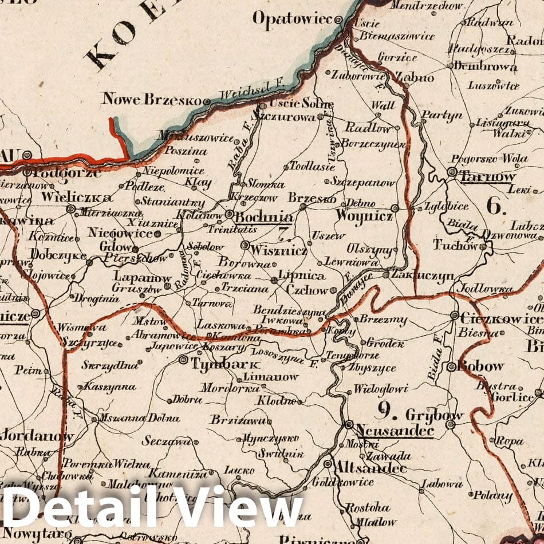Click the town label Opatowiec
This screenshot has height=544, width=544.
[x=292, y=19]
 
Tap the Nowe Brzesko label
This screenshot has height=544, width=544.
[x=152, y=99]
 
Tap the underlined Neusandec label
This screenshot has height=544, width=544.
[x=394, y=430]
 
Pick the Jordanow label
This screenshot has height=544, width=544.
[x=37, y=436]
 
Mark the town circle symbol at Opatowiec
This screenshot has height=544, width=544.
[x=339, y=19]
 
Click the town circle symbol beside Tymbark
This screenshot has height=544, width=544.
[x=183, y=360]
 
